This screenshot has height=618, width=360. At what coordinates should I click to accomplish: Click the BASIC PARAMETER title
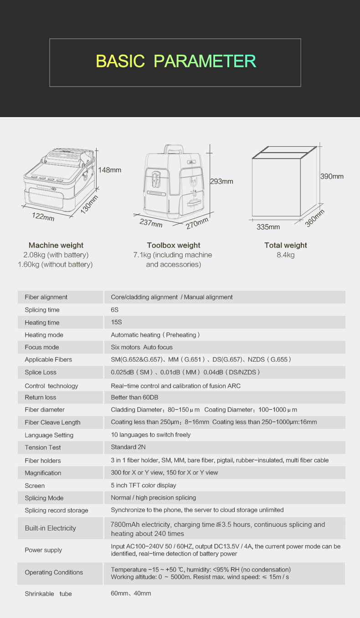pyautogui.click(x=175, y=61)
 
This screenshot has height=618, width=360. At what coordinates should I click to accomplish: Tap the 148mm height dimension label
pyautogui.click(x=110, y=170)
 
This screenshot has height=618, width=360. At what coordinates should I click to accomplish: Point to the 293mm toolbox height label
pyautogui.click(x=221, y=181)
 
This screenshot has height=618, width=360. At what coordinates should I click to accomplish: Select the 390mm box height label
pyautogui.click(x=332, y=176)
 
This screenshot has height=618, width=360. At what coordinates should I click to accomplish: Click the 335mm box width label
pyautogui.click(x=268, y=227)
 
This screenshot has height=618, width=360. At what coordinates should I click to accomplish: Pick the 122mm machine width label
pyautogui.click(x=43, y=216)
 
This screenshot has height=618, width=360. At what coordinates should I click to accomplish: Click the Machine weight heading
pyautogui.click(x=56, y=245)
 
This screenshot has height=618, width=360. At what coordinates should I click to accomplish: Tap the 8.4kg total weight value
pyautogui.click(x=286, y=255)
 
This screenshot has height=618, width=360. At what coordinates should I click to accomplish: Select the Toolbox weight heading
pyautogui.click(x=174, y=245)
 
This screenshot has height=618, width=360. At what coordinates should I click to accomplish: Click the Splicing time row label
pyautogui.click(x=42, y=310)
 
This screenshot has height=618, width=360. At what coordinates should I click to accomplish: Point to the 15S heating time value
pyautogui.click(x=117, y=322)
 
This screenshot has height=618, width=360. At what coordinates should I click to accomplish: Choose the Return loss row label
pyautogui.click(x=41, y=397)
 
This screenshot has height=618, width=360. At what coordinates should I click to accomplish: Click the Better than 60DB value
pyautogui.click(x=135, y=397)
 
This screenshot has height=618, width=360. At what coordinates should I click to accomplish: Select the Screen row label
pyautogui.click(x=35, y=486)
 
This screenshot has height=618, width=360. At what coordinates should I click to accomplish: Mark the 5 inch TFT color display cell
pyautogui.click(x=144, y=485)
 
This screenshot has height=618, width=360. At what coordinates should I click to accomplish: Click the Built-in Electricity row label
pyautogui.click(x=50, y=528)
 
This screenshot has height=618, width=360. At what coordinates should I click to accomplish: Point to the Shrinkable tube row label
pyautogui.click(x=48, y=594)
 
